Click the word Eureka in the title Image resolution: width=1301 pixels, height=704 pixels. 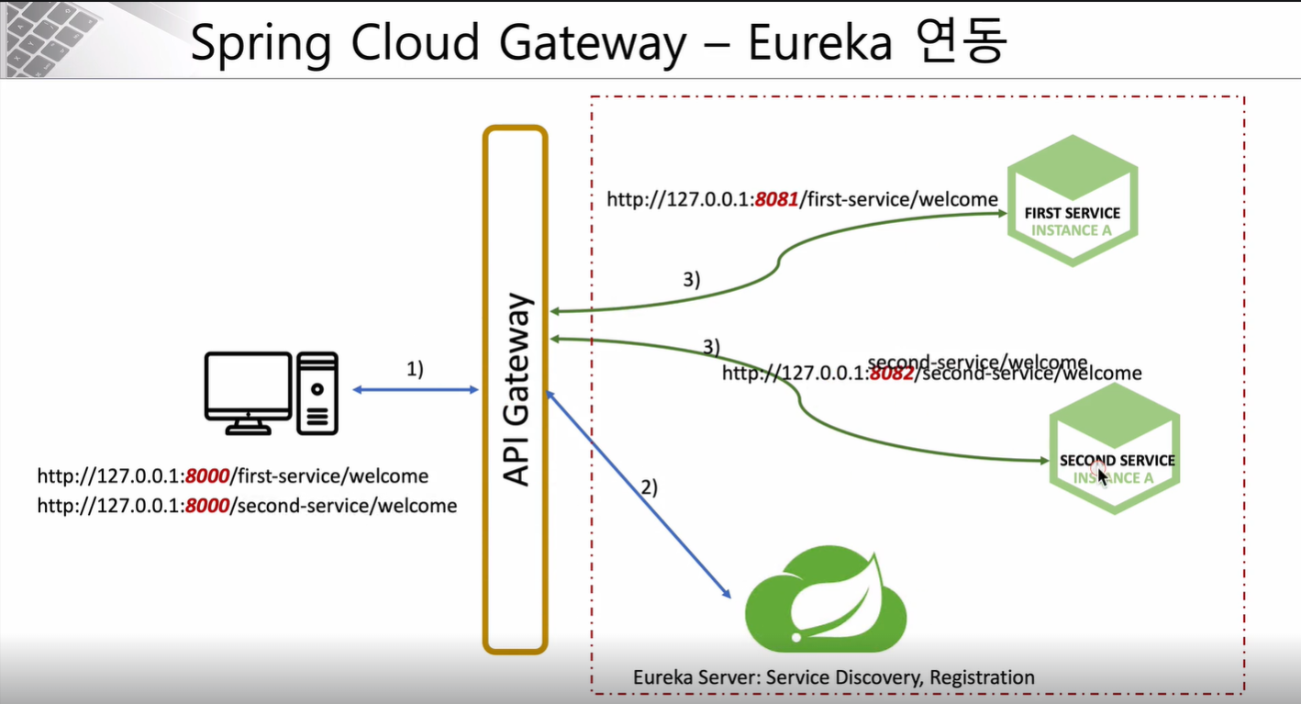pos(819,44)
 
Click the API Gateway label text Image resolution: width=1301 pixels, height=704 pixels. pos(516,389)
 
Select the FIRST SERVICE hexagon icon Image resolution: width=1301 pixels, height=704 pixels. pos(1072,200)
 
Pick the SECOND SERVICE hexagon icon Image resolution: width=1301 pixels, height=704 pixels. pos(1115,448)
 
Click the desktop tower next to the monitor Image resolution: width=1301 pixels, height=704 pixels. pos(317,392)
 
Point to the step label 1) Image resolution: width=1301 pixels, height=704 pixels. pos(415,369)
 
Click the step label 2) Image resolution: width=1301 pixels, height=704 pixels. pos(649,487)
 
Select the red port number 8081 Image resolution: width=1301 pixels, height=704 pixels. pos(777,199)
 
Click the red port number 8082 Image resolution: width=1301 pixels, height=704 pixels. pos(891,374)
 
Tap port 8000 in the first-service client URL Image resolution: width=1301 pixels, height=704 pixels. pos(206,476)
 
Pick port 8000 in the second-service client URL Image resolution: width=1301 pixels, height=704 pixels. pos(206,506)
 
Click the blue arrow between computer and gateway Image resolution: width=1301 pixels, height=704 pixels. pos(416,390)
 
